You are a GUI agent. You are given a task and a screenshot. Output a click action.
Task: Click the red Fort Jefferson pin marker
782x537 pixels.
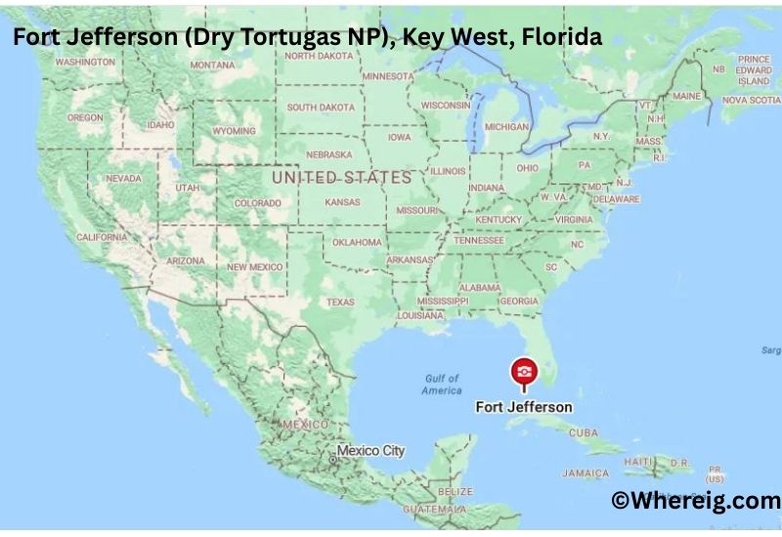point(523,373)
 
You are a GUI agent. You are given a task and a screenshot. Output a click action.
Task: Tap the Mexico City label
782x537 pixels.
point(370,451)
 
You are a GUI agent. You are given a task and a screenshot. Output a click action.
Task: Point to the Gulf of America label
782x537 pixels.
point(442,384)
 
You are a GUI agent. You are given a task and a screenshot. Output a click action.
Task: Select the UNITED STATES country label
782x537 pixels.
point(341,178)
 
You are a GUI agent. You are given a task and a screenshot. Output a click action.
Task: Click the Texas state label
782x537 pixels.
point(340,302)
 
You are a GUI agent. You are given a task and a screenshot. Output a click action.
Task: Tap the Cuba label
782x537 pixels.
point(583,432)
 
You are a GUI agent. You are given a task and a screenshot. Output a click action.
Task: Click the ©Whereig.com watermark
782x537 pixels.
point(695,500)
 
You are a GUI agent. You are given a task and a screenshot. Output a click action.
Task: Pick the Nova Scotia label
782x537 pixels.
point(751,100)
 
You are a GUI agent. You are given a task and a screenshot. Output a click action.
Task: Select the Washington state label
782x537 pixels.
point(85,62)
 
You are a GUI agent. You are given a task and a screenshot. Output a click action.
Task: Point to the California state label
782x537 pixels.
point(102,237)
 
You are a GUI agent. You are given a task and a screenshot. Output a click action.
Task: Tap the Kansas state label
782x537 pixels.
point(342,201)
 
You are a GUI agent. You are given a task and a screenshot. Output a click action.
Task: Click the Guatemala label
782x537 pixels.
point(439,510)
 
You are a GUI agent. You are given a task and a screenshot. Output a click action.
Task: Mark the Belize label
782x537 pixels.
point(456,491)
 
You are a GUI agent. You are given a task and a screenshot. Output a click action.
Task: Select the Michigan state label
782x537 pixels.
point(506,126)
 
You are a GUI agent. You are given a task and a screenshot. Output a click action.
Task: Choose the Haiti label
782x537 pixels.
point(639,460)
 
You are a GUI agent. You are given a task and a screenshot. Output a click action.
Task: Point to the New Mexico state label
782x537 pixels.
point(256,266)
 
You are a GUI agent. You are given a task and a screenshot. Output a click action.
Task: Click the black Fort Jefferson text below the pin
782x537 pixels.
point(523,406)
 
